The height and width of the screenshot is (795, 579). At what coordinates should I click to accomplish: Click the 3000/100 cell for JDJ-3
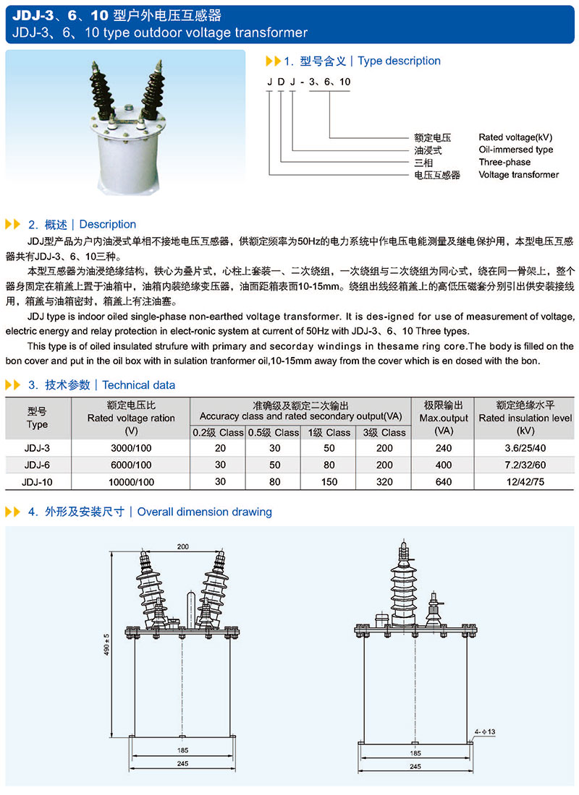[131, 448]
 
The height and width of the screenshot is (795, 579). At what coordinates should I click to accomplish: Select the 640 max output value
[444, 481]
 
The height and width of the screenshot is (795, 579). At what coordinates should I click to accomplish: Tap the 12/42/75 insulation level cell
[526, 481]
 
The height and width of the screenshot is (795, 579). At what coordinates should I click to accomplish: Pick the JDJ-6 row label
[36, 465]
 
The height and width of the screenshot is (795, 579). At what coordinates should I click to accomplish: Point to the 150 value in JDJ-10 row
[329, 481]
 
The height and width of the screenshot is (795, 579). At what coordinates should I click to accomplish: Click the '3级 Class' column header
[384, 432]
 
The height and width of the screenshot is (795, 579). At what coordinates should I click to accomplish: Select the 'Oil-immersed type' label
[515, 150]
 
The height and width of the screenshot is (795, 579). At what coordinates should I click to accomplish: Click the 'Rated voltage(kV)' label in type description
[515, 137]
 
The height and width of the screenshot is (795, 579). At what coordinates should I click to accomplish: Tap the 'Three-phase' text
[504, 162]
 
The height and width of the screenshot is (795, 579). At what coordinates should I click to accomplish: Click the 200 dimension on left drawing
[182, 547]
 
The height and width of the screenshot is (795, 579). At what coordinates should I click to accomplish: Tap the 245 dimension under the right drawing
[414, 766]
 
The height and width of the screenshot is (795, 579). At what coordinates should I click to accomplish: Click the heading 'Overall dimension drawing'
[204, 512]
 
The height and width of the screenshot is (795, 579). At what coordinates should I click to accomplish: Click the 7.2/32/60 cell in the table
[526, 465]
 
